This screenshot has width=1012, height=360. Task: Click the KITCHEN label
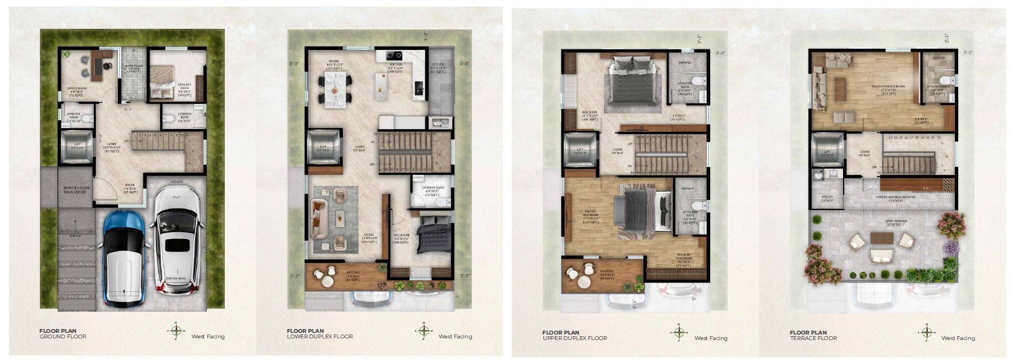pos(394,64)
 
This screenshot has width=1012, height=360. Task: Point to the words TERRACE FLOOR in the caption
pos(813,338)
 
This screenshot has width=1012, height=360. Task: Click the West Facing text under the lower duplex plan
pos(455,336)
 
